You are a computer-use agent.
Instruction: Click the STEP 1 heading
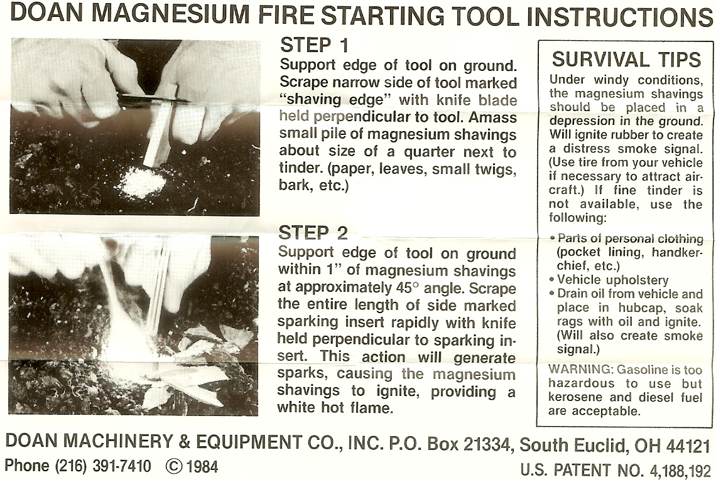click(x=314, y=45)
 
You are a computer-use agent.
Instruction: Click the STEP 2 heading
click(x=313, y=233)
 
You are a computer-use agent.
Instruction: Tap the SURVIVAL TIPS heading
click(x=626, y=60)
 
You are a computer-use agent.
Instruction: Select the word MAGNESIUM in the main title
click(x=173, y=14)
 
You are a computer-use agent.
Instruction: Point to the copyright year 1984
click(x=202, y=466)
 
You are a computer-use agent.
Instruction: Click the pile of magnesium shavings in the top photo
click(x=143, y=181)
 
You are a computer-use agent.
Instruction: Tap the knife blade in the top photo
click(x=155, y=98)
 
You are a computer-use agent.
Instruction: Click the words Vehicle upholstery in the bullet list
click(x=613, y=280)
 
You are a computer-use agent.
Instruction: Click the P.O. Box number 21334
click(x=488, y=444)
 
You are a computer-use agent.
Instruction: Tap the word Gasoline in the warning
click(x=643, y=369)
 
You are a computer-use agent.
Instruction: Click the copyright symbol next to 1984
click(x=174, y=466)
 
